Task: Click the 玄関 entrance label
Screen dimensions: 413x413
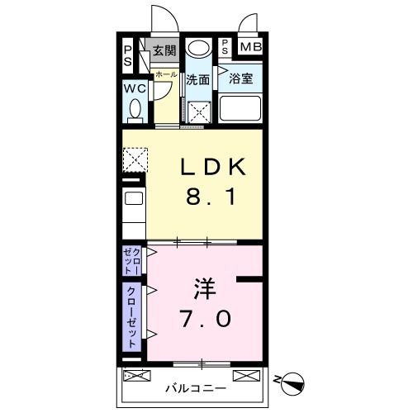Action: point(164,50)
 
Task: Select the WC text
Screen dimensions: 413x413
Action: point(135,88)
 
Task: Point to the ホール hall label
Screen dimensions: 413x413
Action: point(166,74)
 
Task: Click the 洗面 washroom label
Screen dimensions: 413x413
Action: point(197,80)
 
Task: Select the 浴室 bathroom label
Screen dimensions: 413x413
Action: point(240,80)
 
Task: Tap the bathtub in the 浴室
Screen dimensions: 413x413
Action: point(240,110)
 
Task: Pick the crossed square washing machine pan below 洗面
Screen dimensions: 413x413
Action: point(199,112)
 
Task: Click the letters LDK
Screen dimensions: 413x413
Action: point(213,168)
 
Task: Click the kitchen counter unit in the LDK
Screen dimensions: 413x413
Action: point(134,209)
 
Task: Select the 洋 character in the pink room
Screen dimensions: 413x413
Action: point(206,289)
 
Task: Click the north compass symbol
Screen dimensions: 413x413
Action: point(292,382)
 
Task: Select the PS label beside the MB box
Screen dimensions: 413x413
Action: point(225,47)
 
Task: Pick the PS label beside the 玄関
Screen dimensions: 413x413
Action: point(128,55)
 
